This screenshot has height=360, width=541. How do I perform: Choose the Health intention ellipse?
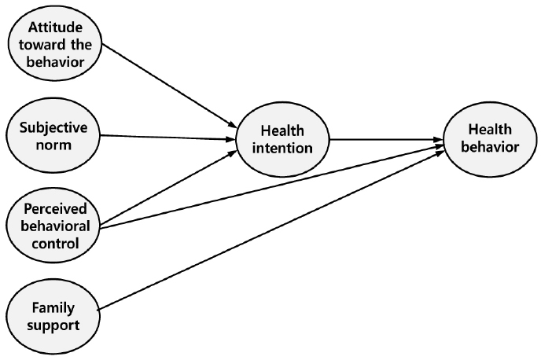[282, 140]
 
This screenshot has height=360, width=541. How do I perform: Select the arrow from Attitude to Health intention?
[169, 86]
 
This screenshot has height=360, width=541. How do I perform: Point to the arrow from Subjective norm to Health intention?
[169, 138]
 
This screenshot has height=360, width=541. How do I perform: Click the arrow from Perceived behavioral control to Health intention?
[169, 186]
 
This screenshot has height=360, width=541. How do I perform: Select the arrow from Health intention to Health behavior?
[385, 142]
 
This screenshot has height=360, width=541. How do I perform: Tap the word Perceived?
[53, 209]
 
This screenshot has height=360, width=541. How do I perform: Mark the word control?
[53, 243]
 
